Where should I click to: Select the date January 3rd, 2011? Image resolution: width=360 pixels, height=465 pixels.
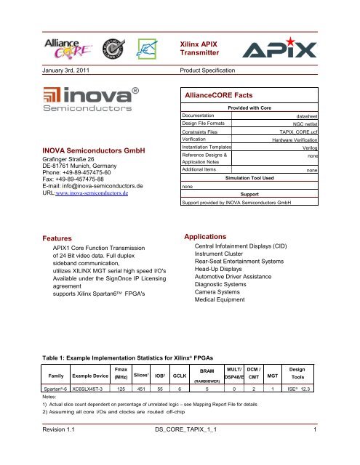coord(45,70)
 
